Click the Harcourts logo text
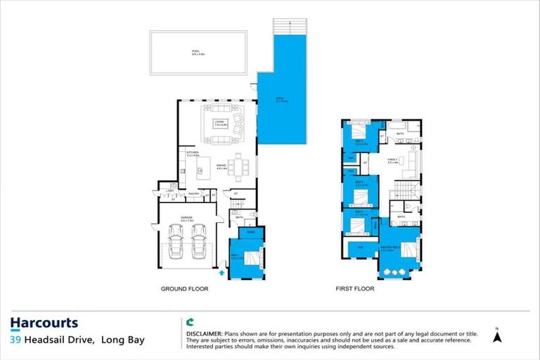(x=44, y=323)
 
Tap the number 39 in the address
(x=15, y=340)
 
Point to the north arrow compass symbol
(x=498, y=336)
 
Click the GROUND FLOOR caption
(x=184, y=288)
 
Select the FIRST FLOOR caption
(x=356, y=288)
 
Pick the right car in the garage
(x=198, y=240)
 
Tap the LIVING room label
(x=219, y=123)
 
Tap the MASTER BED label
(x=390, y=247)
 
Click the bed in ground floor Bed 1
(x=256, y=260)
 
